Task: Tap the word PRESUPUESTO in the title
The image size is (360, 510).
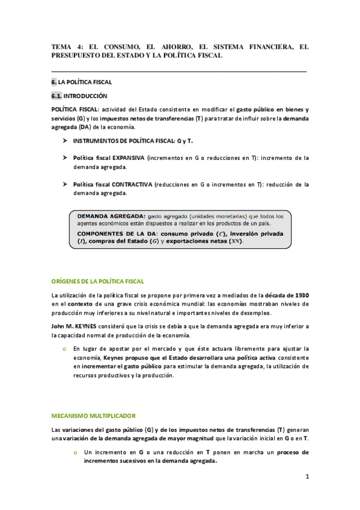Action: point(82,55)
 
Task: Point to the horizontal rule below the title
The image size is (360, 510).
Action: point(179,72)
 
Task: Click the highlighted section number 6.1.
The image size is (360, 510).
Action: point(57,96)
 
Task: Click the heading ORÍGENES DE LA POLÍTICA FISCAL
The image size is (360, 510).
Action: point(98,281)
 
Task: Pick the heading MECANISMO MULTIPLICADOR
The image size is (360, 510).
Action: point(93,416)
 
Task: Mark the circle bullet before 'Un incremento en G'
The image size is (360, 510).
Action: point(76,452)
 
